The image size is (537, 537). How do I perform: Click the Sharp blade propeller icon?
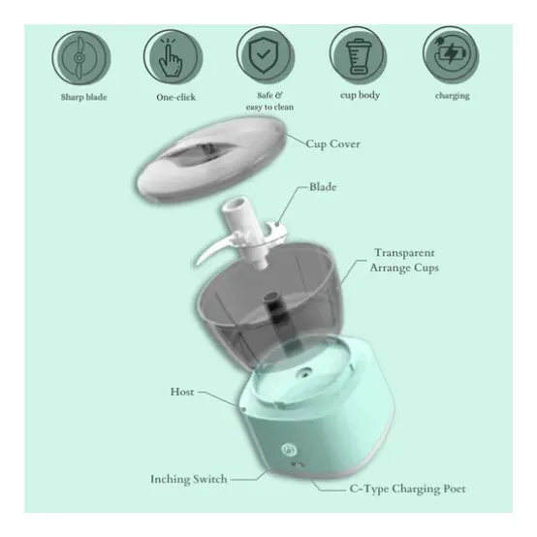(81, 57)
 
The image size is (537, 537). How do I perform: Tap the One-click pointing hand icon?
(173, 57)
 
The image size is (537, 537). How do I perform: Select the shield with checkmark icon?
(266, 55)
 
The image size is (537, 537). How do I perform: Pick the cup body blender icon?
(359, 55)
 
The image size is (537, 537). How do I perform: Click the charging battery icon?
(451, 55)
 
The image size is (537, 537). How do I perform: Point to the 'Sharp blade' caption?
(84, 97)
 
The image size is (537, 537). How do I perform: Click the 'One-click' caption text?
(176, 97)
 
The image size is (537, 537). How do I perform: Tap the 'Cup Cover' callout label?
(332, 143)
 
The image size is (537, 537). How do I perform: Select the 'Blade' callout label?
(323, 187)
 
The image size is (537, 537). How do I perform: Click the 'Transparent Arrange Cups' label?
(404, 261)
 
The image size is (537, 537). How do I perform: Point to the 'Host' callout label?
(182, 392)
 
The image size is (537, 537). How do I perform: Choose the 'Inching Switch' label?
(189, 479)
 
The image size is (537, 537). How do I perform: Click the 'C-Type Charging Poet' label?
(407, 489)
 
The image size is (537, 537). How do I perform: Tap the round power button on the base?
(288, 450)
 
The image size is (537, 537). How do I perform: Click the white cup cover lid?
(211, 159)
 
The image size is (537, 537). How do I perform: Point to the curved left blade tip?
(198, 263)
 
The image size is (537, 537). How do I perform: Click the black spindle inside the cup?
(274, 309)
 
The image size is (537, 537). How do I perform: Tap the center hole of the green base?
(304, 372)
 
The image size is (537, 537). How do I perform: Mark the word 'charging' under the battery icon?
(452, 96)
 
